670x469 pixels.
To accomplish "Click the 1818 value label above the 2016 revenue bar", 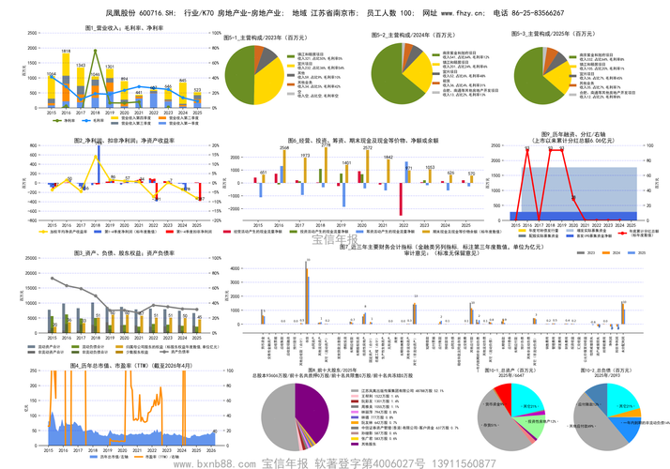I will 67,52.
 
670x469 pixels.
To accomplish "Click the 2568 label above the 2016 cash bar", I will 284,148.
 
